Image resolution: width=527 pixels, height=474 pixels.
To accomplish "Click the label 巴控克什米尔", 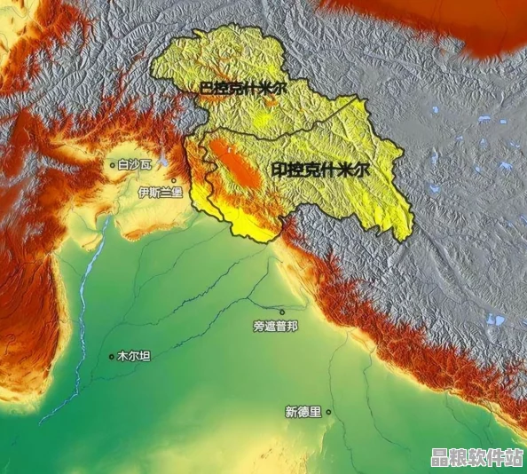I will pyautogui.click(x=241, y=90).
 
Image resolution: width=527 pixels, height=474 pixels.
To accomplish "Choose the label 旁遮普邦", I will pyautogui.click(x=275, y=326).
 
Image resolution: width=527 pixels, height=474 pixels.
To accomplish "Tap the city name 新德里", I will pyautogui.click(x=303, y=412).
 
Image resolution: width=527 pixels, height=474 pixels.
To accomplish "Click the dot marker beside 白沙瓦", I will pyautogui.click(x=112, y=164).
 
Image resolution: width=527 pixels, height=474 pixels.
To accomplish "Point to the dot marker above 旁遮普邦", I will pyautogui.click(x=282, y=312).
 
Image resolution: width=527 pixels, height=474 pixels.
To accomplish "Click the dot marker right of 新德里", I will pyautogui.click(x=328, y=412).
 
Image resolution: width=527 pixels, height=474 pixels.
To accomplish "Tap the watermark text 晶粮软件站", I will pyautogui.click(x=475, y=457).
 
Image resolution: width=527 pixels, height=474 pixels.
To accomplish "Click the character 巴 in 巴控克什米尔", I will pyautogui.click(x=206, y=90).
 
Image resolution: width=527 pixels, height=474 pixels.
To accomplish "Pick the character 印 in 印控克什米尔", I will pyautogui.click(x=279, y=168).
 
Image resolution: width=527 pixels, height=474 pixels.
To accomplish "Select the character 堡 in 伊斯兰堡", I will pyautogui.click(x=177, y=192).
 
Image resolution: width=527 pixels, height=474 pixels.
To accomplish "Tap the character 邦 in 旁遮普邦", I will pyautogui.click(x=293, y=326).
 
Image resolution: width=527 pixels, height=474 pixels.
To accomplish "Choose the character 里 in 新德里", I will pyautogui.click(x=316, y=412).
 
